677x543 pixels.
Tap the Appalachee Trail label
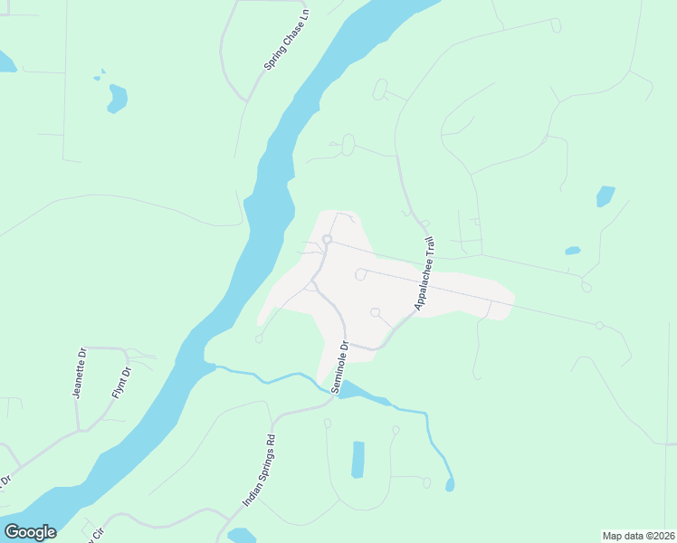[425, 273]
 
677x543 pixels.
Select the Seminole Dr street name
[338, 367]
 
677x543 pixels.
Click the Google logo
[30, 532]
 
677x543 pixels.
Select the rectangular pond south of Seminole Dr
[358, 459]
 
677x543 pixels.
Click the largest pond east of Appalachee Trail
[605, 195]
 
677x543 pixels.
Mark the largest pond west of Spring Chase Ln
[117, 98]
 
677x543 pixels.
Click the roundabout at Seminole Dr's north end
[327, 239]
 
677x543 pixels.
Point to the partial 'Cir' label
[98, 534]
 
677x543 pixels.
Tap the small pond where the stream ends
[450, 486]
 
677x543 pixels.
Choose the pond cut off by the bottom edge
[242, 536]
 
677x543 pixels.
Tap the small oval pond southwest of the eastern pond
[572, 250]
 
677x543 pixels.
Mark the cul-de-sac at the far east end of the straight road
[599, 325]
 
